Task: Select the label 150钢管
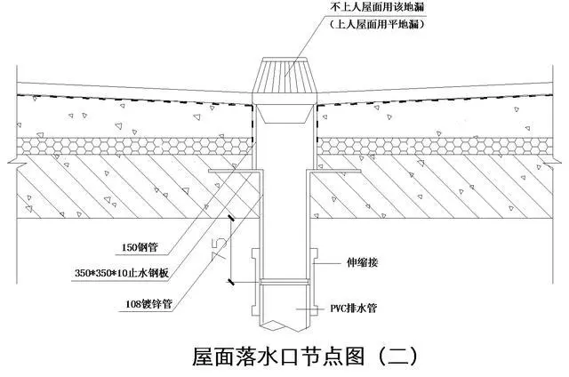pos(140,248)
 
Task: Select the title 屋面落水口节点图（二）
pos(303,357)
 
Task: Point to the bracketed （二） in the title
pos(389,357)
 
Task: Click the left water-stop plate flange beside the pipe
pos(229,172)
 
